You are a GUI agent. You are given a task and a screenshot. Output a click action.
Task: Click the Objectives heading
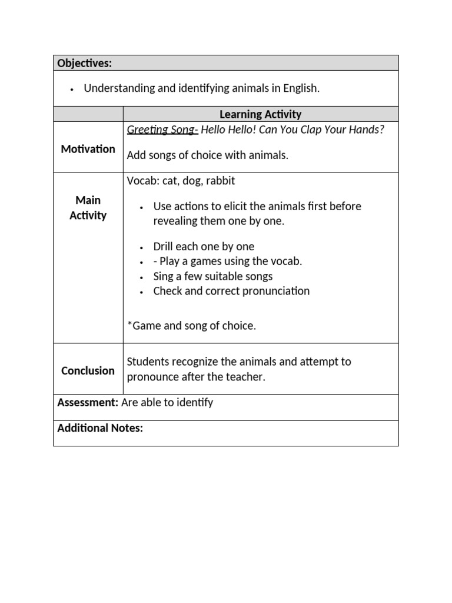[84, 63]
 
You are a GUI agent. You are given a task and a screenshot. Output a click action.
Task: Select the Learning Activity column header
[260, 114]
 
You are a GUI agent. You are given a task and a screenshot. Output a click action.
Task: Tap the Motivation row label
[88, 149]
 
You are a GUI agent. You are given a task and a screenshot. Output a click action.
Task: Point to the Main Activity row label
[88, 208]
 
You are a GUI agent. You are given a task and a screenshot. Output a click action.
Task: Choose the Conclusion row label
[88, 370]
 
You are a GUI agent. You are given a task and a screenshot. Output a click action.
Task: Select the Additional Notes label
[100, 428]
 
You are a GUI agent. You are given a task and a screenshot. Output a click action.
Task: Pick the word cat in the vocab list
[169, 181]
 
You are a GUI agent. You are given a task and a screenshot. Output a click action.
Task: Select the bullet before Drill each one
[142, 247]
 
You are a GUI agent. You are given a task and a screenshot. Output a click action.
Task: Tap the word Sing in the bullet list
[164, 276]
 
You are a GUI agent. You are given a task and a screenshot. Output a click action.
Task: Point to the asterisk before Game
[129, 325]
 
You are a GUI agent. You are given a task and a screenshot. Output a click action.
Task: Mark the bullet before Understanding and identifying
[72, 90]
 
